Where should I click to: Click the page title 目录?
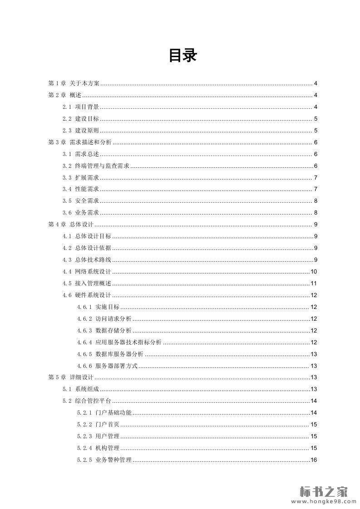pyautogui.click(x=183, y=56)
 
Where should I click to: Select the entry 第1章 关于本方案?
pyautogui.click(x=74, y=83)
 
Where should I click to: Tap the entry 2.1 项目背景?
pyautogui.click(x=81, y=107)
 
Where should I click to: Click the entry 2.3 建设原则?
pyautogui.click(x=81, y=131)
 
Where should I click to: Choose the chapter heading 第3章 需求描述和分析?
pyautogui.click(x=80, y=142)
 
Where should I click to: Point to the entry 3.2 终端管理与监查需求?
pyautogui.click(x=96, y=166)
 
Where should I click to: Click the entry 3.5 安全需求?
pyautogui.click(x=81, y=201)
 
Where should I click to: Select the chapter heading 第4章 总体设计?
pyautogui.click(x=71, y=225)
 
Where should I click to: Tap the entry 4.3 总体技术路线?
pyautogui.click(x=87, y=260)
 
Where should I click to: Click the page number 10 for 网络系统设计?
pyautogui.click(x=314, y=272)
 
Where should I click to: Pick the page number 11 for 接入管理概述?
pyautogui.click(x=314, y=284)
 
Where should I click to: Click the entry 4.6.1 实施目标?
pyautogui.click(x=98, y=307)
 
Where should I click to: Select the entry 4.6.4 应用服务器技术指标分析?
pyautogui.click(x=119, y=343)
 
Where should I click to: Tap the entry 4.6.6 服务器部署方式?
pyautogui.click(x=107, y=366)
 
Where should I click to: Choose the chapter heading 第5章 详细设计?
pyautogui.click(x=71, y=377)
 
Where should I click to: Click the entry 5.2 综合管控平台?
pyautogui.click(x=87, y=401)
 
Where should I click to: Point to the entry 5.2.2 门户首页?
pyautogui.click(x=98, y=425)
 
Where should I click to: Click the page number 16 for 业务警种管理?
pyautogui.click(x=314, y=460)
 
